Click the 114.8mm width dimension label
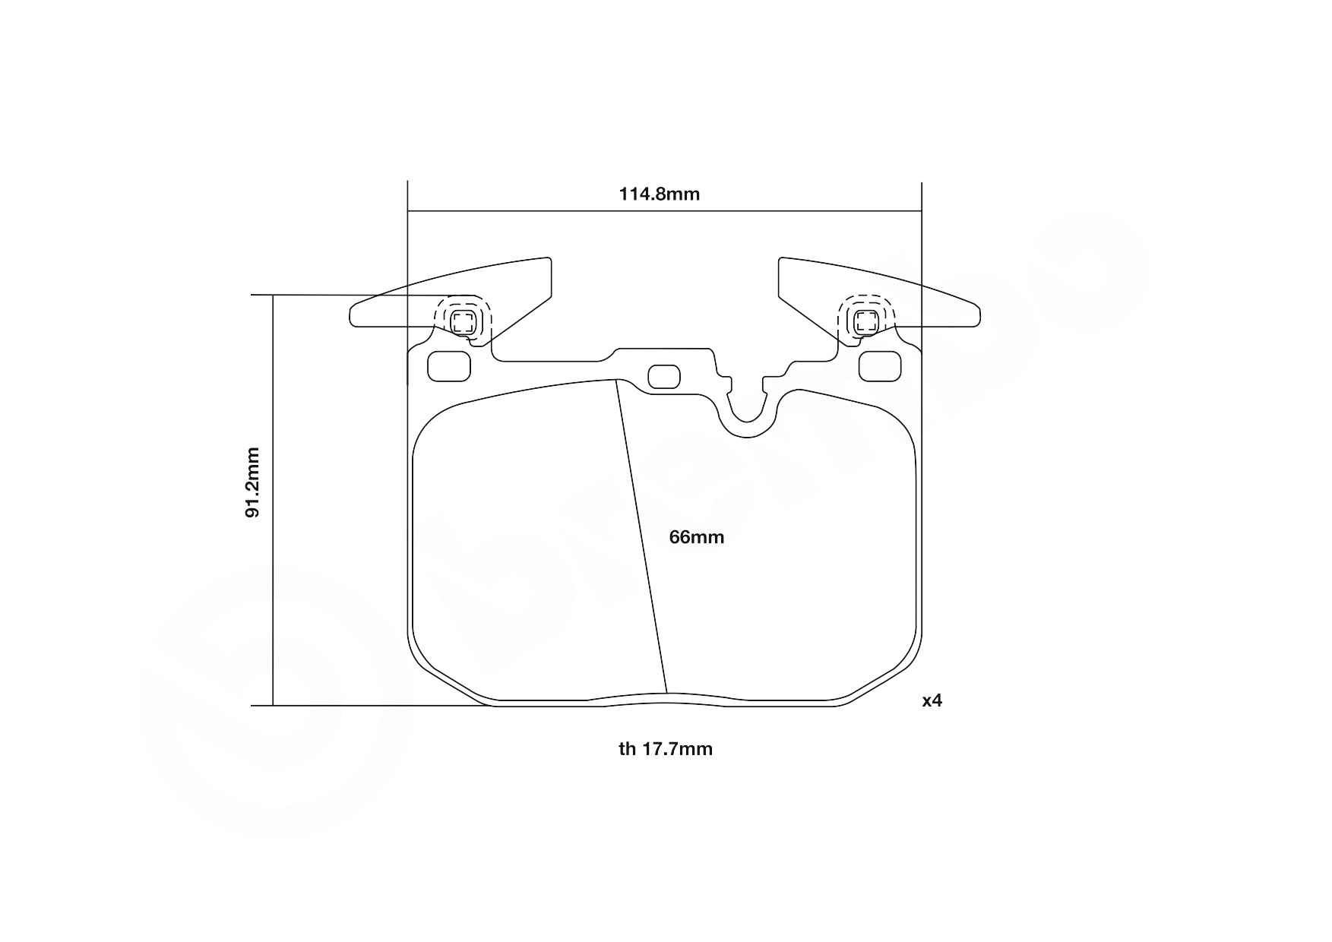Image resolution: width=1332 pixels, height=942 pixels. point(659,194)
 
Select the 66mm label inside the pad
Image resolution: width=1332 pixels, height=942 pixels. point(696,537)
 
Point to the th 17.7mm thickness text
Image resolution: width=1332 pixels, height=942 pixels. point(666,749)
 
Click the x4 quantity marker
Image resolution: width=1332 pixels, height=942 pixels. point(932,700)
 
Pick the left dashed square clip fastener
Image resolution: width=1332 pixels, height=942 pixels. point(463,321)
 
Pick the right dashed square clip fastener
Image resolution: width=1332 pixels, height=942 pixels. point(866,321)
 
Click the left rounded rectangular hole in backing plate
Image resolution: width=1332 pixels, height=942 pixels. point(449,367)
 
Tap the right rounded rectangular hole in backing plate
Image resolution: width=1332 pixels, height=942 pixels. point(879,367)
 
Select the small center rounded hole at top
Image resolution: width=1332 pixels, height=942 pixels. point(664,377)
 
